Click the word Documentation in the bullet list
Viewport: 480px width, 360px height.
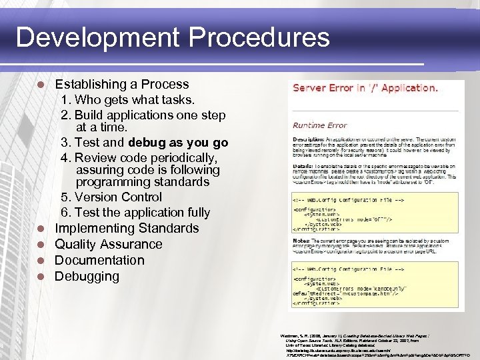tap(99, 260)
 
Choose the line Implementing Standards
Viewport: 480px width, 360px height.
tap(127, 228)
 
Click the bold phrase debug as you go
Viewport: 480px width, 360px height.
tap(178, 143)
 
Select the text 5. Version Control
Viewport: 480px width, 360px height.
tap(111, 197)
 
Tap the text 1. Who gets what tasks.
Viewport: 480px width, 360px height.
tap(127, 100)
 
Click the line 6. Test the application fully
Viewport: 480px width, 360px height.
tap(135, 213)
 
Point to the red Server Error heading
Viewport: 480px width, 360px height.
tap(365, 87)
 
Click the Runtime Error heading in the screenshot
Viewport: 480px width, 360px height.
tap(320, 125)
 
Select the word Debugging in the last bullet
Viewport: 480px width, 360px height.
tap(87, 276)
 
